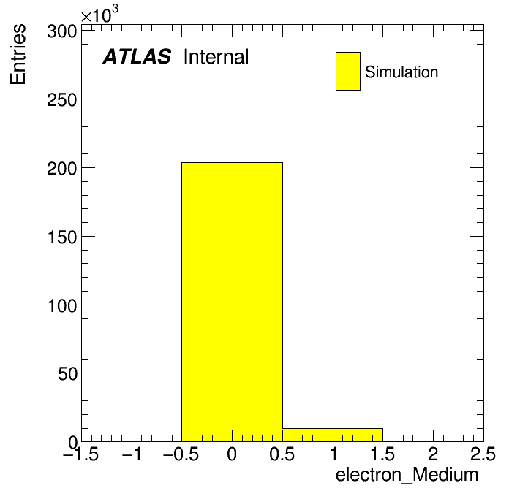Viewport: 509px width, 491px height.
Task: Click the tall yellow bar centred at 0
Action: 232,302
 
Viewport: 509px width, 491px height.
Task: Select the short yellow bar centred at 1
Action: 333,435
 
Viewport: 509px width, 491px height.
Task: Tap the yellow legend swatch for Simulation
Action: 348,71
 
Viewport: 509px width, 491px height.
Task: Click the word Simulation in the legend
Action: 401,72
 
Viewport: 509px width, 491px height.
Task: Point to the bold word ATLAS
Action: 137,56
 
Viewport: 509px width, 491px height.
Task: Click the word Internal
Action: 216,57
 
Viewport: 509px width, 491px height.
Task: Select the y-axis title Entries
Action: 18,54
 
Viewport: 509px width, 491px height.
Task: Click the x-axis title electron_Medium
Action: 407,475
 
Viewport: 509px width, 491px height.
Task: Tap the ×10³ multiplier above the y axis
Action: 99,14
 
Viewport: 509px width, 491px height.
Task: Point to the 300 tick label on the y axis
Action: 61,31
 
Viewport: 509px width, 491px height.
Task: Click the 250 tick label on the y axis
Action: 61,100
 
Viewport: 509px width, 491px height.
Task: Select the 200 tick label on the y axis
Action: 61,169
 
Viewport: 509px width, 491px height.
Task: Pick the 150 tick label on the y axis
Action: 61,237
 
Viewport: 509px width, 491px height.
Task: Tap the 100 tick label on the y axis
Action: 61,305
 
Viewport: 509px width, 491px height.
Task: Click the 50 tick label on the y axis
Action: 67,374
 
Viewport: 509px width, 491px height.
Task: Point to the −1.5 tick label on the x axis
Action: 80,454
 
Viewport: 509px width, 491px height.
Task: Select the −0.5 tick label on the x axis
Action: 181,454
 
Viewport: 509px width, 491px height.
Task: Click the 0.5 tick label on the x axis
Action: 282,454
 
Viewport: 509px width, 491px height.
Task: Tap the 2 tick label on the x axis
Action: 433,454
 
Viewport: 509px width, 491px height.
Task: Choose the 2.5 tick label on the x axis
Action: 483,454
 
